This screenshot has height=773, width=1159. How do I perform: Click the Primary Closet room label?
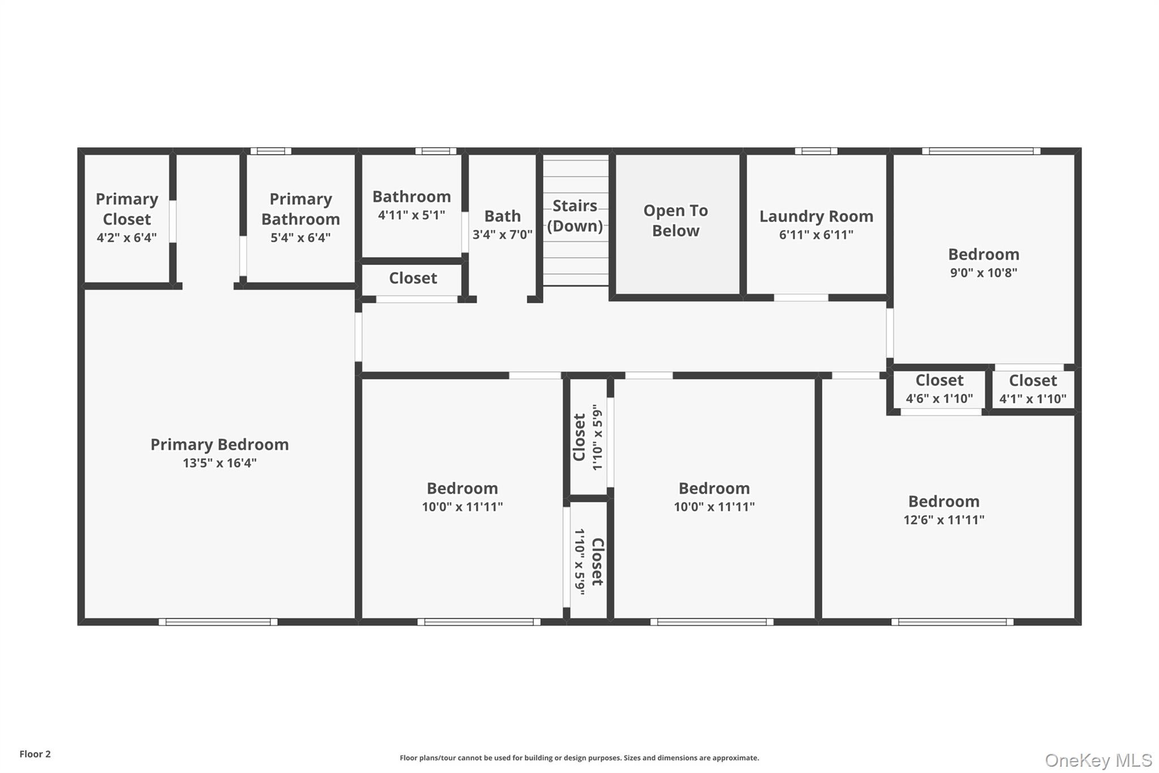coord(126,209)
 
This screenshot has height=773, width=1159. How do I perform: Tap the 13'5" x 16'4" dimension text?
coord(220,463)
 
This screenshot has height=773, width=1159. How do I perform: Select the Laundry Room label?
coord(816,216)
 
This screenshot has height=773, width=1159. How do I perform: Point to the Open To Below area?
coord(676,221)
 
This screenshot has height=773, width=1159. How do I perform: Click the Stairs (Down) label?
coord(575,216)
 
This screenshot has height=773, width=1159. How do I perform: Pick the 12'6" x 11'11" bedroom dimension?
coord(943,519)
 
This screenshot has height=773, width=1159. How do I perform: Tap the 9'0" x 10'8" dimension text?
coord(984,272)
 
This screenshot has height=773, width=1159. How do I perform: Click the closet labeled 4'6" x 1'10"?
coord(939,388)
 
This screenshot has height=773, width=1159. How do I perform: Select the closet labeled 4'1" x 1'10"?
coord(1033,388)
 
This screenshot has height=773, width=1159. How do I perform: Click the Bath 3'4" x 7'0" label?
coord(503,224)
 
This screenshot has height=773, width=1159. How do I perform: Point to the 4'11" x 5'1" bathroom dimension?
coord(411,215)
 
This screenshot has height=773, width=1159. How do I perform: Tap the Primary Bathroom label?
coord(301,209)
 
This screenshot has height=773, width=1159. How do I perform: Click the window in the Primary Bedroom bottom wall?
coord(218,622)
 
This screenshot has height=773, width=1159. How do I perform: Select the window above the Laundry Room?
coord(816,151)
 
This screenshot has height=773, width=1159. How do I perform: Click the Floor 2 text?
coord(35,754)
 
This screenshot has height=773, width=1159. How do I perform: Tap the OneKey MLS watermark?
coord(1098,760)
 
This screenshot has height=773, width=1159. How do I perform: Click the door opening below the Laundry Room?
coord(801,298)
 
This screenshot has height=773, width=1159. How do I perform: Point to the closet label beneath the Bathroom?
coord(413,278)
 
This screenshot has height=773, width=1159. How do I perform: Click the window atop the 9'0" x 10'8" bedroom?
coord(981,151)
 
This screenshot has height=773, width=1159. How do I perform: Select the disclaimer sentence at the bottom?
coord(579,758)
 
